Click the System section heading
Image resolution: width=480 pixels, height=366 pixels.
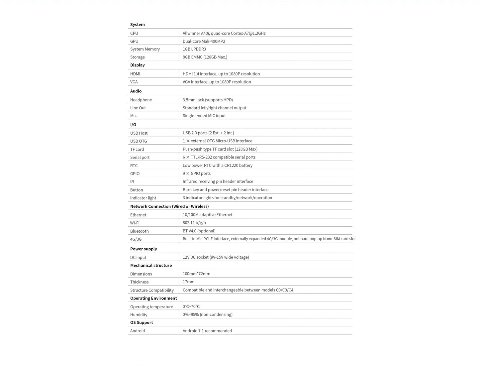point(137,25)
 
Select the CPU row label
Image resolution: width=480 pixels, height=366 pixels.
point(134,33)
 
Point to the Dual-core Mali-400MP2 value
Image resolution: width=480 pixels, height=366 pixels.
point(204,41)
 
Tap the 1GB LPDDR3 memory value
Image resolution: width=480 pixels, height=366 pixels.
point(194,49)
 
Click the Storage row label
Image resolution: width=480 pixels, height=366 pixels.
point(137,57)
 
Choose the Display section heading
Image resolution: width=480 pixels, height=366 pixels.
point(137,65)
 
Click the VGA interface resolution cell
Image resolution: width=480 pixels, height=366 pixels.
point(217,82)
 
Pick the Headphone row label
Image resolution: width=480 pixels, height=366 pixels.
point(141,100)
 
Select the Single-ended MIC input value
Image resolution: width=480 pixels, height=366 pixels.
point(204,116)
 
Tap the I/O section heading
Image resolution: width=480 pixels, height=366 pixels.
point(133,125)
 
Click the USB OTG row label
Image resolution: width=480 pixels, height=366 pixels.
point(139,141)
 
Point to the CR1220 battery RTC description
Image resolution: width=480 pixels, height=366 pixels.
point(217,165)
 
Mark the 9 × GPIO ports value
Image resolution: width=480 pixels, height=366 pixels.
point(196,174)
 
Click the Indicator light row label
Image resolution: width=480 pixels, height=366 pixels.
point(143,198)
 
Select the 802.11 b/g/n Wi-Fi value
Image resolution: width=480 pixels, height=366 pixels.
point(194,223)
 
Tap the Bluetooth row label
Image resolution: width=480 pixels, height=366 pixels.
point(139,231)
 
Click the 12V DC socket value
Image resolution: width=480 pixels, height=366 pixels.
point(216,257)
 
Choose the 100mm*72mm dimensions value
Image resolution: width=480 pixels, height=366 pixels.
point(196,274)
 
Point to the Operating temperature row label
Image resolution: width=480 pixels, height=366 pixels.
point(151,307)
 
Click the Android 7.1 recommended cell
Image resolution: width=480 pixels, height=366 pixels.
point(207,331)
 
